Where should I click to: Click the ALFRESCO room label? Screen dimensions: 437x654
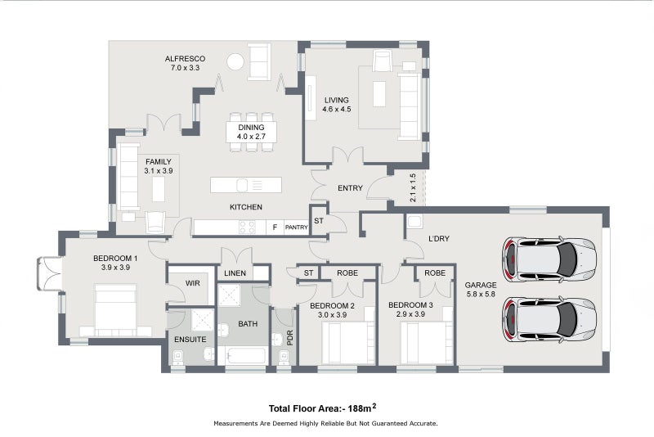coord(184,59)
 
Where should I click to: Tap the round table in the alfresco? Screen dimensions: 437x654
coord(235,61)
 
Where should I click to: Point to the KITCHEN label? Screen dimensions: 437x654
coord(245,207)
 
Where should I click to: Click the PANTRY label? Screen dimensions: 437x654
coord(296,228)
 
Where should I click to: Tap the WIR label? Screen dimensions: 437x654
coord(193,283)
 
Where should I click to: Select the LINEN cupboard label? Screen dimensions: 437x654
coord(235,273)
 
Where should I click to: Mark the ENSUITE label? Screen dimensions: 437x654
coord(190,338)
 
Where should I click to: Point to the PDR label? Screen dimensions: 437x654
coord(290,338)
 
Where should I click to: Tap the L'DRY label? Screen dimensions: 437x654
coord(441,239)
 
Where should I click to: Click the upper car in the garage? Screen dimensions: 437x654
coord(549,259)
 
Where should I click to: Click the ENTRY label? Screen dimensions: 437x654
coord(349,189)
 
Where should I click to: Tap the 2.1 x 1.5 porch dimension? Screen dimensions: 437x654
coord(414,187)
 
